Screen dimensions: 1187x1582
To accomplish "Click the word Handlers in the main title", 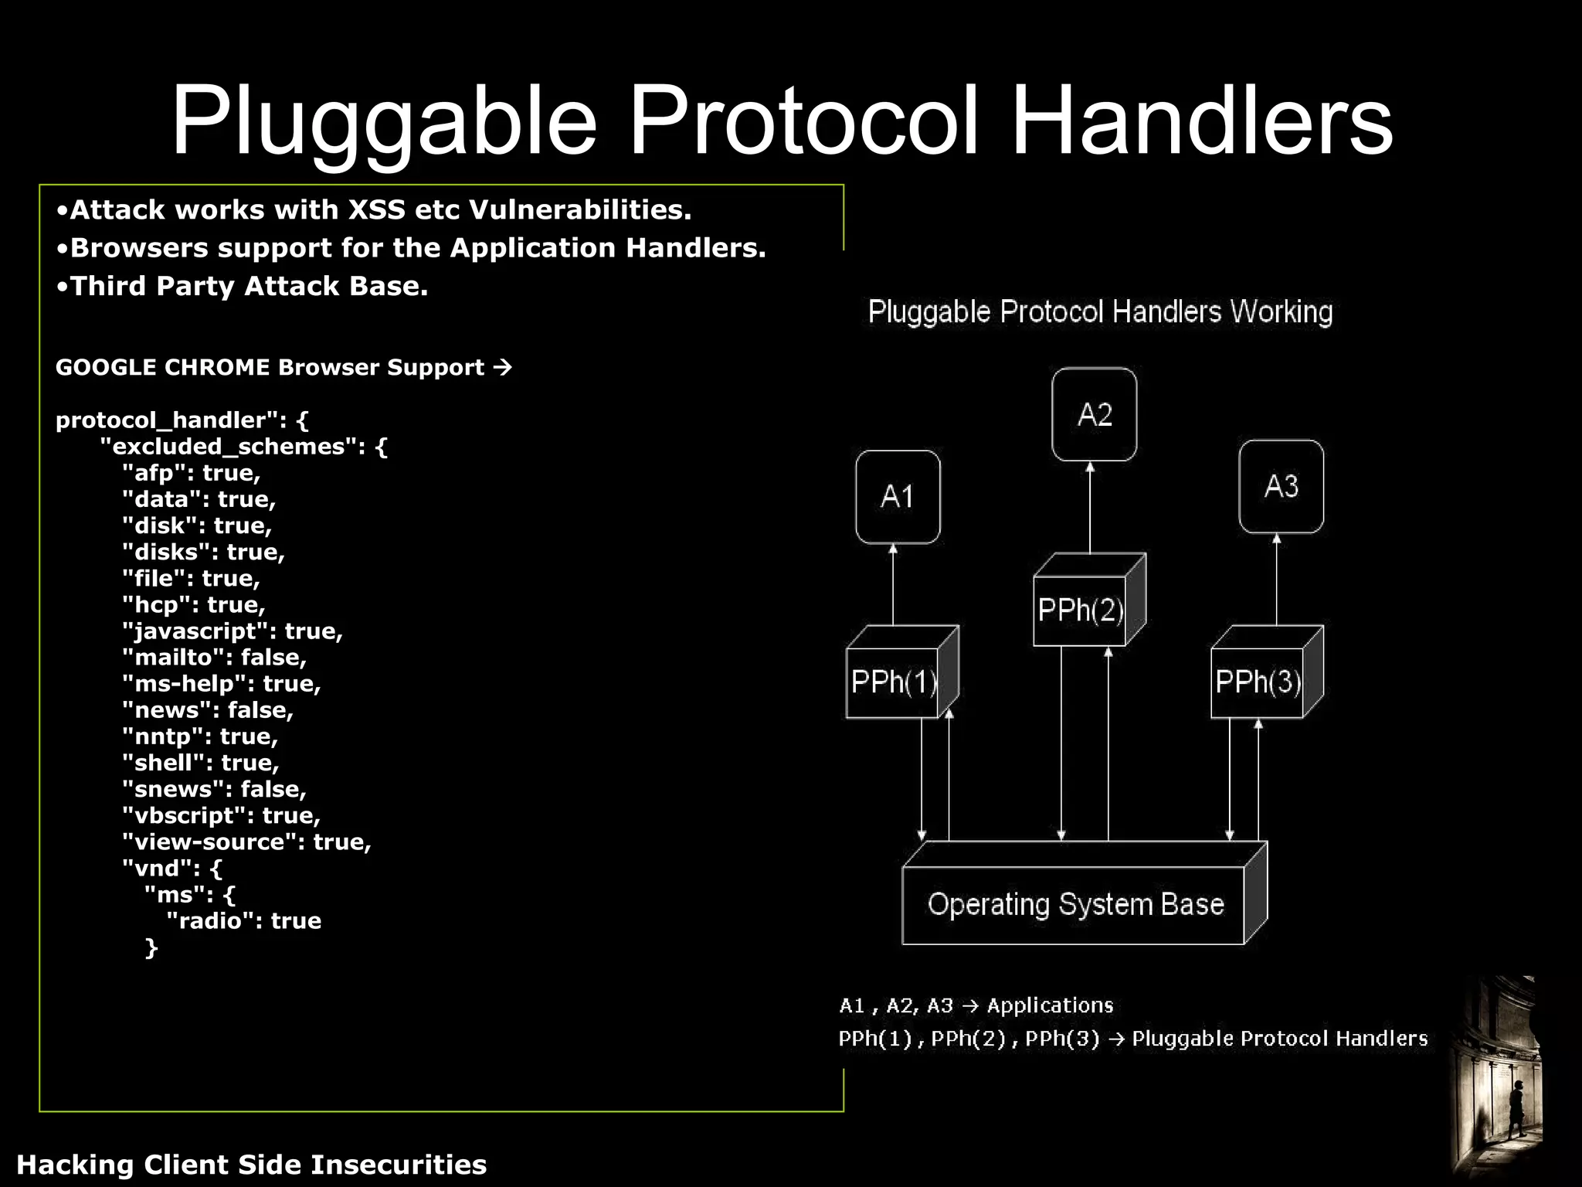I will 1201,122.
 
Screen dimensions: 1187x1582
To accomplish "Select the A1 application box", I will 898,497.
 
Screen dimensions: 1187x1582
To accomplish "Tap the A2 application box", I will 1094,415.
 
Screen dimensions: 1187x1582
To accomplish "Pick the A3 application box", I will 1281,487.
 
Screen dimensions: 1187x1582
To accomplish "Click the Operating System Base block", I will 1074,903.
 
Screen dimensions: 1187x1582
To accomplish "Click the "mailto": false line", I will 214,658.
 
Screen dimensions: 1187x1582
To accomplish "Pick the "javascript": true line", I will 232,631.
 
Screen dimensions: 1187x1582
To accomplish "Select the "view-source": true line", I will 246,842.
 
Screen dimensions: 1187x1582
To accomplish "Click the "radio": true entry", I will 243,921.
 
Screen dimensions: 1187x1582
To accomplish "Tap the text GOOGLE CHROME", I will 162,367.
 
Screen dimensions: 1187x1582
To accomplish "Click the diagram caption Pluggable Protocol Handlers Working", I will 1100,312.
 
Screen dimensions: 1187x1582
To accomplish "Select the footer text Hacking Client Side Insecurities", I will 252,1165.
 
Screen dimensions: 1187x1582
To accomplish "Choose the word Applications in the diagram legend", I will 1050,1005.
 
